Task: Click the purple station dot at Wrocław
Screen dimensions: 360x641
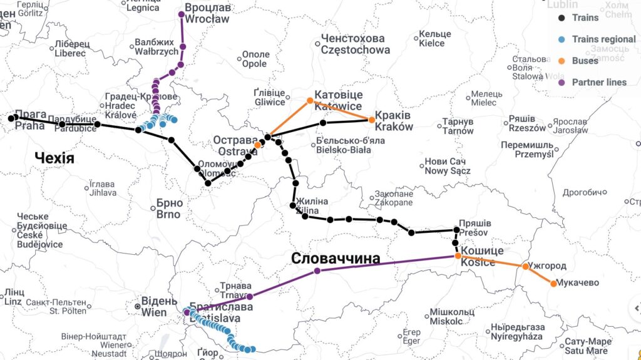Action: pos(181,14)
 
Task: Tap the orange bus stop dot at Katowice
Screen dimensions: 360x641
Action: pos(310,100)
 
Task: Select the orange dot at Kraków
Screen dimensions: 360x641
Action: pos(371,119)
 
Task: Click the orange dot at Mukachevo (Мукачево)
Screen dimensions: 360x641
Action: pos(553,284)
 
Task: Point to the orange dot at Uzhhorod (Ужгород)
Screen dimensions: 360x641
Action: pos(525,266)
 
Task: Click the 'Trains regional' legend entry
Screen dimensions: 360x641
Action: pos(603,39)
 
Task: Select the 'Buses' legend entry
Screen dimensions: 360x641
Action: pos(585,61)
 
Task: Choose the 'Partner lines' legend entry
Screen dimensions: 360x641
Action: pos(599,82)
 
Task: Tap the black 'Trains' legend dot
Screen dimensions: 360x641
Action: pos(562,18)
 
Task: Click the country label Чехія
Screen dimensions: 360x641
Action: pos(54,158)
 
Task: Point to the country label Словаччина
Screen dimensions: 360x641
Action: pos(335,258)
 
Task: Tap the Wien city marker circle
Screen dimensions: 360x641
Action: pos(137,306)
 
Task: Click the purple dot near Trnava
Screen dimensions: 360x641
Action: pos(250,297)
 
